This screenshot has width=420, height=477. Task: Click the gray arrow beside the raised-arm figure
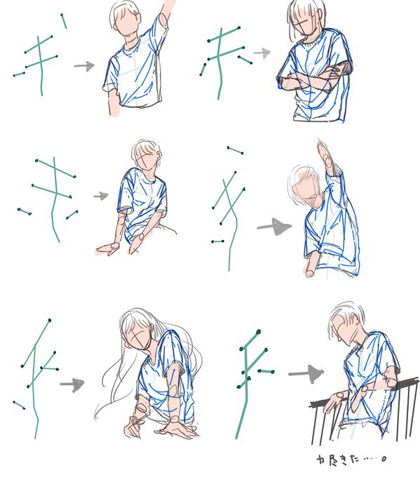pyautogui.click(x=84, y=66)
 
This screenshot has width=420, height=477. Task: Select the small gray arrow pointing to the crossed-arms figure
pyautogui.click(x=262, y=53)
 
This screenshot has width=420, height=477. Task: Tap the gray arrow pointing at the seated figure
pyautogui.click(x=101, y=196)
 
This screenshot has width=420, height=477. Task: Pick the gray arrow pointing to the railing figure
pyautogui.click(x=306, y=373)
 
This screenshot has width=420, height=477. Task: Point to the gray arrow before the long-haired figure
pyautogui.click(x=72, y=384)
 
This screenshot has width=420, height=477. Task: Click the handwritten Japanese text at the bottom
pyautogui.click(x=351, y=459)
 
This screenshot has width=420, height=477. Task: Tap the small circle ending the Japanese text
pyautogui.click(x=384, y=459)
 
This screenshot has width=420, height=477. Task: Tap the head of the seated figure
pyautogui.click(x=146, y=155)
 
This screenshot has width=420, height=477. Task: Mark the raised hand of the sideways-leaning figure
pyautogui.click(x=325, y=156)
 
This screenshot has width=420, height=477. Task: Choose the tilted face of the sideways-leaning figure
pyautogui.click(x=305, y=188)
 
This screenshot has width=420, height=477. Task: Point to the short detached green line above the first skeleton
pyautogui.click(x=64, y=21)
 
